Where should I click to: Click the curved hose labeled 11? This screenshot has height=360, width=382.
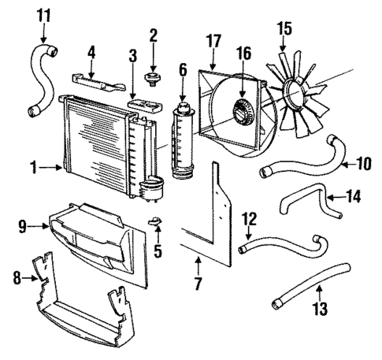[40, 78]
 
